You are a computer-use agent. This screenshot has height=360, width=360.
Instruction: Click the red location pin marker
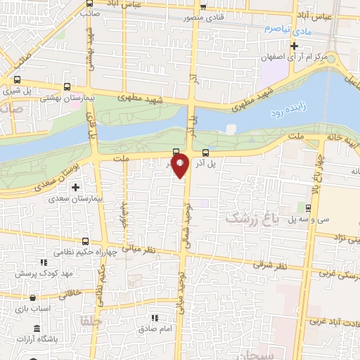[x=181, y=166]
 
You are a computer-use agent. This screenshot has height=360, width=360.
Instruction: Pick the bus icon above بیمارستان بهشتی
[x=67, y=89]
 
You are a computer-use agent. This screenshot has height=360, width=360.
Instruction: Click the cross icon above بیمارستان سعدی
[x=75, y=187]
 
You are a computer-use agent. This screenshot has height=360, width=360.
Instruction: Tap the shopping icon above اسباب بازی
[x=43, y=296]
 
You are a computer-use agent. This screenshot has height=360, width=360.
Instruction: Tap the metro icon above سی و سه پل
[x=308, y=207]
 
